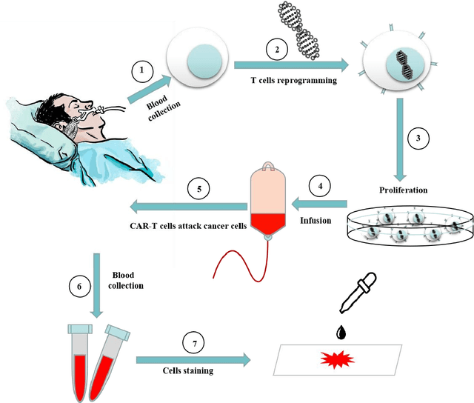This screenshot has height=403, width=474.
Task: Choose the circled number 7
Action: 193,345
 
